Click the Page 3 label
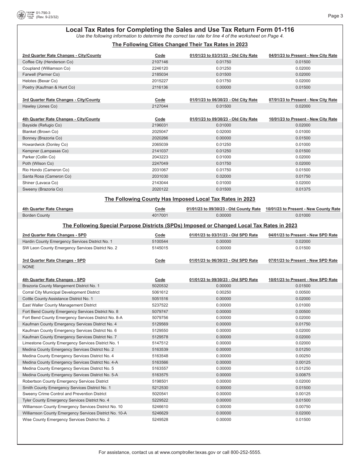tap(335, 16)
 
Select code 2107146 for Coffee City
tap(160, 62)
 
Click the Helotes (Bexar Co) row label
tap(40, 81)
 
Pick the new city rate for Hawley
tap(303, 106)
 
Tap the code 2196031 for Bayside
tap(160, 125)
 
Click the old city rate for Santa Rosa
tap(223, 177)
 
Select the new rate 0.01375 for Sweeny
tap(303, 189)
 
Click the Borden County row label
tap(36, 216)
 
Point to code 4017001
tap(160, 216)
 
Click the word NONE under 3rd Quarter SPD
tap(28, 267)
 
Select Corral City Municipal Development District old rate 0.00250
tap(223, 292)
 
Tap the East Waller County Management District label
tap(59, 305)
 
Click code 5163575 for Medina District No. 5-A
tap(160, 375)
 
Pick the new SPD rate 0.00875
tap(303, 375)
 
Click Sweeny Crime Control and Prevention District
tap(64, 394)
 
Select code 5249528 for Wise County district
tap(160, 420)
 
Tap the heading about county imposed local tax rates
tap(180, 199)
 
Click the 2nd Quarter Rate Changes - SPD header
tap(54, 235)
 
